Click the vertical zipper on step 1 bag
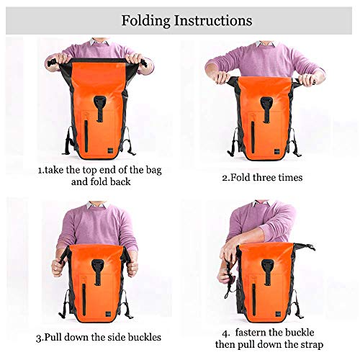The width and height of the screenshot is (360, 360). [84, 135]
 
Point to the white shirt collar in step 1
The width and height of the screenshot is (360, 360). [94, 42]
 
